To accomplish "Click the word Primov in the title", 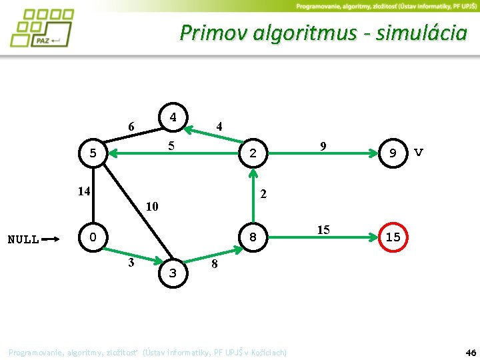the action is (x=213, y=32).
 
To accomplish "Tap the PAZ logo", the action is (x=41, y=28).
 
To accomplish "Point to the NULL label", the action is (x=23, y=239).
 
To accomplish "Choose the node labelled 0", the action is (x=93, y=237).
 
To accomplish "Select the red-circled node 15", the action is (x=393, y=237).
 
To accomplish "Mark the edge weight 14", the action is (x=83, y=191).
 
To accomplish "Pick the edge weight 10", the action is (x=152, y=206).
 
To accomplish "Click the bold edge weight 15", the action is (x=323, y=230).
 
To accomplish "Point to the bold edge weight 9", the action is (x=323, y=145).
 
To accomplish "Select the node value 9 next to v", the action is (x=393, y=153).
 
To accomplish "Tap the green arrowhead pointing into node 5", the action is (x=113, y=154).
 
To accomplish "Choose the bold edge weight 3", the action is (x=131, y=262).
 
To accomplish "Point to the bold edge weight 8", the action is (x=214, y=265).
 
